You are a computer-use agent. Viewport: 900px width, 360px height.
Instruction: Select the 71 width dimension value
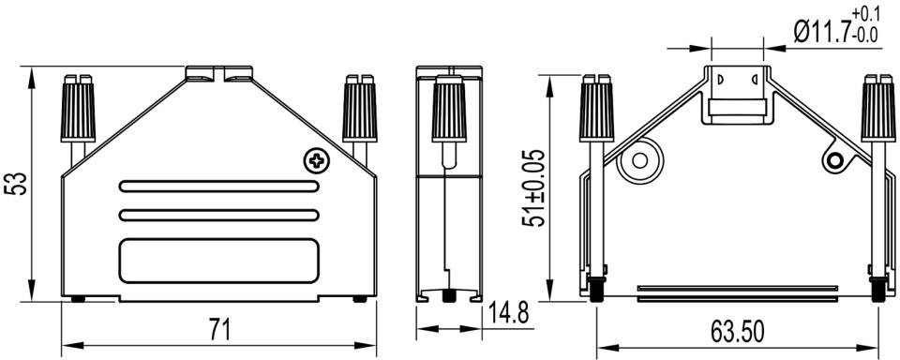[x=218, y=330]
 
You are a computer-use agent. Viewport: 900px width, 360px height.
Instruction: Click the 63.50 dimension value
[x=737, y=331]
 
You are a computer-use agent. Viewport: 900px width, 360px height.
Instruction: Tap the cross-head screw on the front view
[x=318, y=161]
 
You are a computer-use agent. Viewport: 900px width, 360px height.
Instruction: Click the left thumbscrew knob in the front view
[x=79, y=108]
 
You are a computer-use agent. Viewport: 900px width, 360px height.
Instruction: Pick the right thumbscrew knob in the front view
[x=357, y=108]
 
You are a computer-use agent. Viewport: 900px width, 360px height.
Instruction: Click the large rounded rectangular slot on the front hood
[x=217, y=260]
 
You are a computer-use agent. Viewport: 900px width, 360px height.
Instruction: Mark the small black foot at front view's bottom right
[x=360, y=300]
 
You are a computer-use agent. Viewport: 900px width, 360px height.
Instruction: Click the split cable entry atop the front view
[x=219, y=72]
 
